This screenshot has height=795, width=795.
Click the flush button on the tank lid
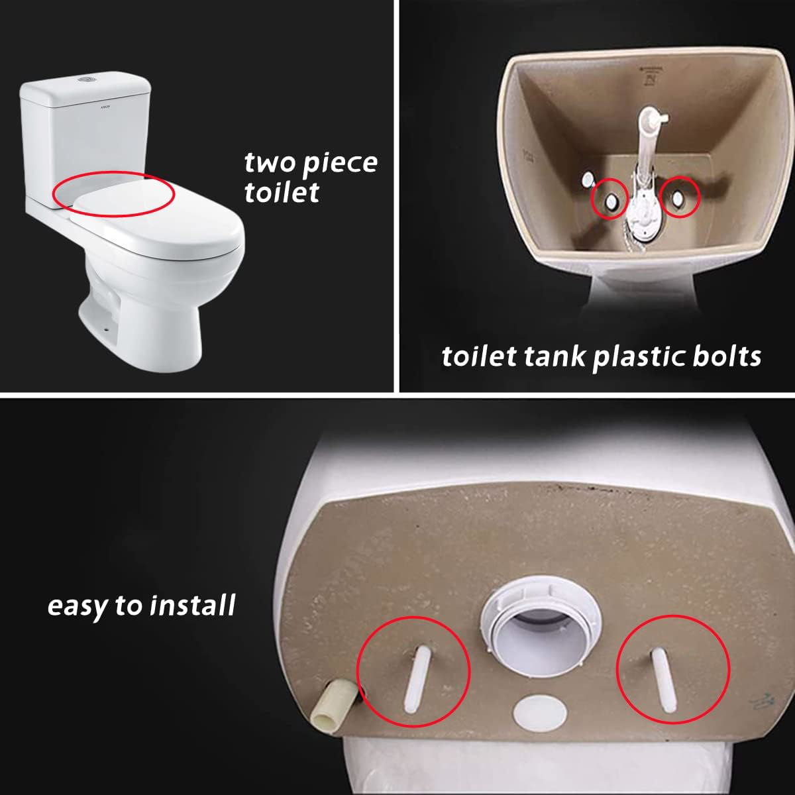(x=84, y=80)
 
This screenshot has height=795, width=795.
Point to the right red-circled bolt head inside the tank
(x=680, y=197)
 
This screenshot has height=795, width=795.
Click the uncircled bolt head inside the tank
(x=587, y=180)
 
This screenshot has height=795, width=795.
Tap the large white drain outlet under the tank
(x=523, y=639)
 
